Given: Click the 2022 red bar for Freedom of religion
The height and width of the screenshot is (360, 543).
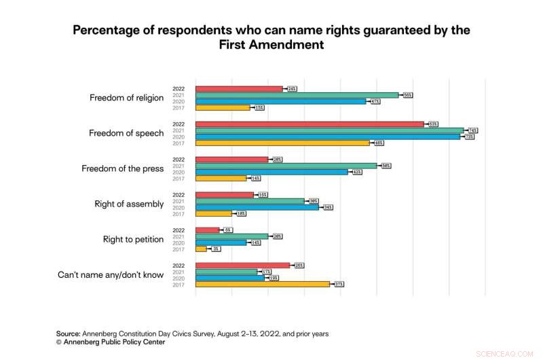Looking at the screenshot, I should coord(239,89).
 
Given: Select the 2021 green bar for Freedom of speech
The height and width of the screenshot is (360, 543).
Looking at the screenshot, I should coord(329,130).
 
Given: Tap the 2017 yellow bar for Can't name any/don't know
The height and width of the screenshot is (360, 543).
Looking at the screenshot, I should coord(262,284).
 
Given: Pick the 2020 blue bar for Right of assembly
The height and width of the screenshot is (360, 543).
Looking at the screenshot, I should coord(257,207).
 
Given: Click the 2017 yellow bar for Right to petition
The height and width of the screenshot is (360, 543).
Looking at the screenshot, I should coord(201,249).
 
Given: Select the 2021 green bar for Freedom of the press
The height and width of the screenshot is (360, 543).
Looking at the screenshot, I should coord(286,166).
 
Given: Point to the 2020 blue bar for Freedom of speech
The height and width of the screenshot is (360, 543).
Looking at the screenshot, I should coord(327,137).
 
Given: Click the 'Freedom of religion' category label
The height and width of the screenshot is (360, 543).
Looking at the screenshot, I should coord(126,98).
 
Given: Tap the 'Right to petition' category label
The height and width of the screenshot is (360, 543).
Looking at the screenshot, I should coord(133,239).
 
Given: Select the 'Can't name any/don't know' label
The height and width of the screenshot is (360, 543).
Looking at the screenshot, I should coord(110,274).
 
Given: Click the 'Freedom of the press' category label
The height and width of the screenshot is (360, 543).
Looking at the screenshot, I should coord(122,168).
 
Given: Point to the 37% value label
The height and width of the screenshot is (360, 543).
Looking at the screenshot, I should coord(338,284).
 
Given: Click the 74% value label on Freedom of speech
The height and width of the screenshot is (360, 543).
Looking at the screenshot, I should coord(472,130).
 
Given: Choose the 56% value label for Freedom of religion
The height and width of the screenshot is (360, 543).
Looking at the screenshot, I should coord(407,95).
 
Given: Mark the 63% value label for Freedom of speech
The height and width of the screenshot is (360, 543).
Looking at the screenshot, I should coord(432,124).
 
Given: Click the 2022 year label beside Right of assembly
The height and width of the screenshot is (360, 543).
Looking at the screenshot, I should coord(178,195).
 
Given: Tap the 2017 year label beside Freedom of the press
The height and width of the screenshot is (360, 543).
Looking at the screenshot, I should coord(178,178).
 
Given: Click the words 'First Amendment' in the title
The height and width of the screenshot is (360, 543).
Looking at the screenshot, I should coord(271,44).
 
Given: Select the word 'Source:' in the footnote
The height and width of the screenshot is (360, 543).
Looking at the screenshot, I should coord(68,334).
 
